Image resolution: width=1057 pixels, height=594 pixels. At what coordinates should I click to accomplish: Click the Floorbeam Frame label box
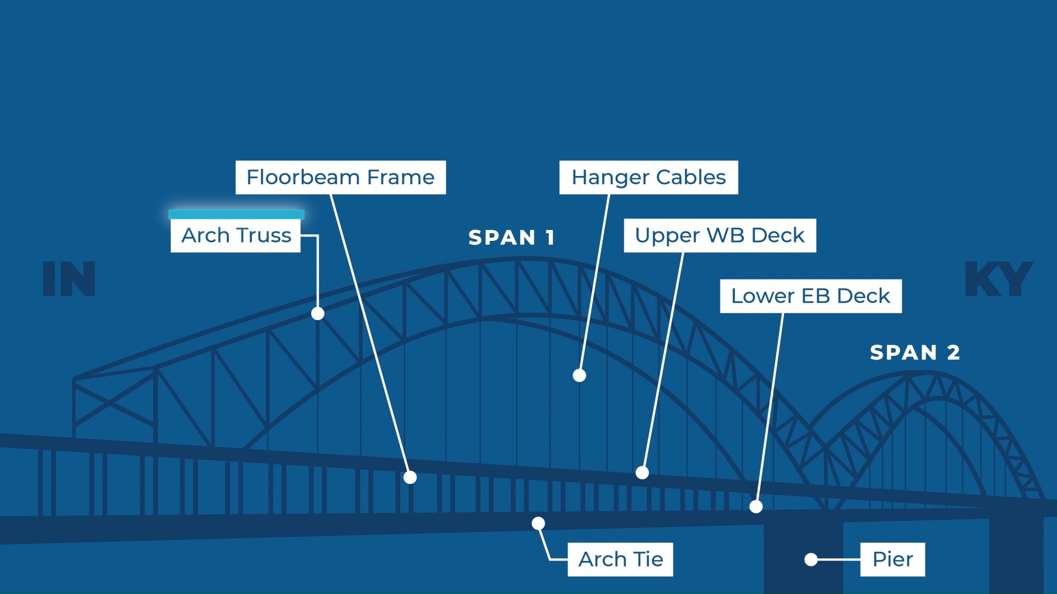pos(341,177)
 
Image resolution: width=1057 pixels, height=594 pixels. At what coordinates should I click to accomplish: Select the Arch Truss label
pos(236,235)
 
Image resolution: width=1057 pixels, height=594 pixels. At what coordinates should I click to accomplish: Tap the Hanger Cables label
pos(649,177)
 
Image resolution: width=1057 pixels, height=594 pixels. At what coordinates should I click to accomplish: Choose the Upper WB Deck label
pos(720,235)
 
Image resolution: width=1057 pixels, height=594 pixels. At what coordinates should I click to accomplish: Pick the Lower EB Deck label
pos(811,296)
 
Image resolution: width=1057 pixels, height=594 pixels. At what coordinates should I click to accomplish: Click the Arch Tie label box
pos(620,559)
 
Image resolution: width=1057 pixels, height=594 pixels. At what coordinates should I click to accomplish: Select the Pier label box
pos(892,559)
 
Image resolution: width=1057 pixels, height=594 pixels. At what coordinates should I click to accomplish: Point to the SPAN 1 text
pos(511,238)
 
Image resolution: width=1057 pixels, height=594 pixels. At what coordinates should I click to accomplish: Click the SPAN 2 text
pos(915,353)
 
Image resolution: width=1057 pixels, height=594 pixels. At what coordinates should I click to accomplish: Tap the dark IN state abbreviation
pos(69,279)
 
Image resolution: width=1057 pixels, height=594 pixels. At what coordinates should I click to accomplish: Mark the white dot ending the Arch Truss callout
pos(318,313)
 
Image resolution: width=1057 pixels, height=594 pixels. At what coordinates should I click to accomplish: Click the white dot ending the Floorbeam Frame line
pos(410,477)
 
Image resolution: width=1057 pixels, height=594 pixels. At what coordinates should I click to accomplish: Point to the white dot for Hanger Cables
pos(579,375)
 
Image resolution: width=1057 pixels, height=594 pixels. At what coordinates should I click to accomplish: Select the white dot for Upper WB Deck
pos(642,472)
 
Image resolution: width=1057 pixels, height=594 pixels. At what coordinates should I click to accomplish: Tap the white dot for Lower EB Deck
pos(756,507)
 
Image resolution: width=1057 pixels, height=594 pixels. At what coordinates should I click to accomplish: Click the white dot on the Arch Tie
pos(538,523)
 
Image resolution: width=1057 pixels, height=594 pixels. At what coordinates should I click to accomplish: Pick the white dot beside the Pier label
pos(811,559)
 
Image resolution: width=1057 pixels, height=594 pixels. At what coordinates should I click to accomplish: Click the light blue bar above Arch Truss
pos(236,214)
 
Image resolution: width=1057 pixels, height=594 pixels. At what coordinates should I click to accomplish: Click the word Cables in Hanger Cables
pos(691,177)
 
